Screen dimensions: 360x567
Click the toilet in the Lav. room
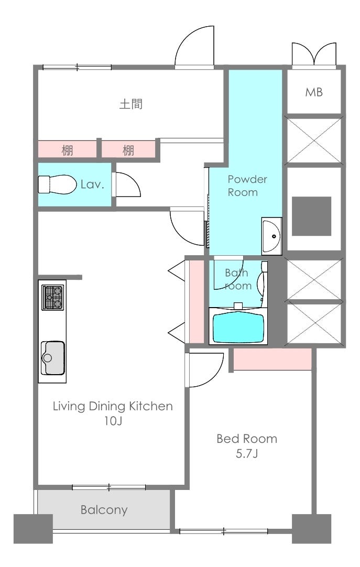click(57, 184)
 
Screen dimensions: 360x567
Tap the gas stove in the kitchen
click(52, 297)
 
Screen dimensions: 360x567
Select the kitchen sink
click(53, 358)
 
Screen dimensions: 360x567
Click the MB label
click(314, 92)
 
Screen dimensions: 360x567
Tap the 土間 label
click(131, 104)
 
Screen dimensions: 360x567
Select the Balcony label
click(104, 510)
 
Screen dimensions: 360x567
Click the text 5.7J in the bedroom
click(247, 453)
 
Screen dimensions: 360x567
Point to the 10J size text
click(113, 421)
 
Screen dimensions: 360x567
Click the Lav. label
click(92, 184)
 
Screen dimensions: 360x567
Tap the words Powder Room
click(247, 186)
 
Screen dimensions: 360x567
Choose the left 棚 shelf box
click(67, 149)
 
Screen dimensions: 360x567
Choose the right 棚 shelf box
click(128, 149)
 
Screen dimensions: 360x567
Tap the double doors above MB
click(314, 55)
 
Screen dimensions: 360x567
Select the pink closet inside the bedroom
click(272, 359)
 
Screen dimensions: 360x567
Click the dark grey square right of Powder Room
click(312, 216)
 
